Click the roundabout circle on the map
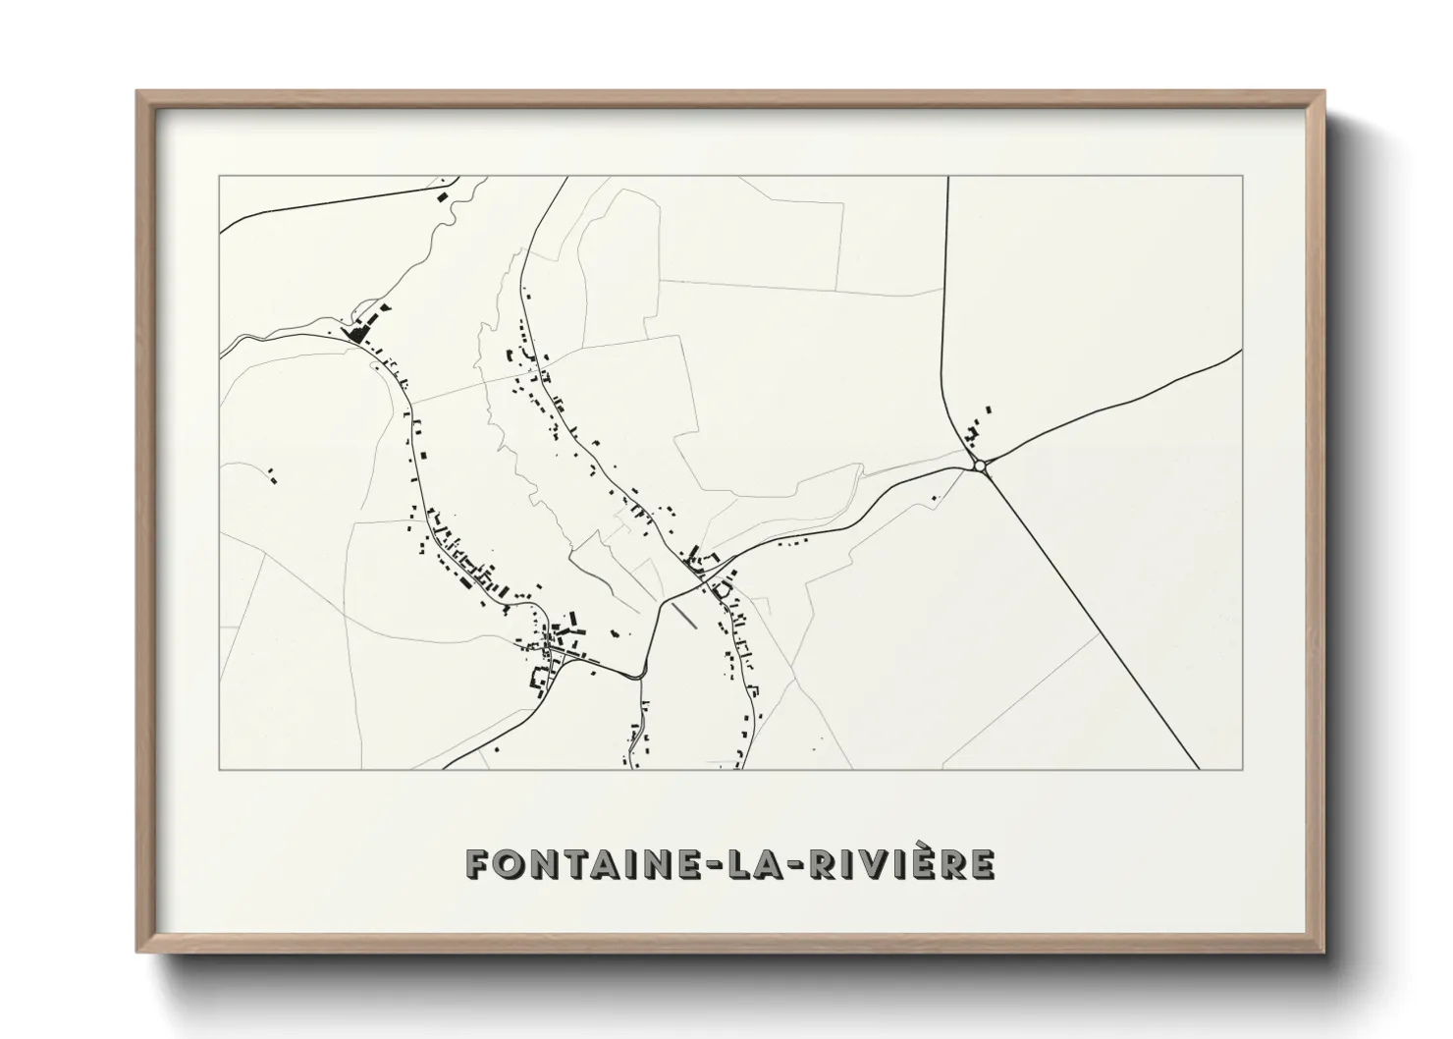tap(979, 465)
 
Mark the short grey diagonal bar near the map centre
tap(683, 614)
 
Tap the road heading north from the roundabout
tap(945, 295)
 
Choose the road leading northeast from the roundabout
tap(1109, 409)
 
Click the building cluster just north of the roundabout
tap(976, 430)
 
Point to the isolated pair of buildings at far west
tap(270, 476)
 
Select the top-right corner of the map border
tap(1243, 177)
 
